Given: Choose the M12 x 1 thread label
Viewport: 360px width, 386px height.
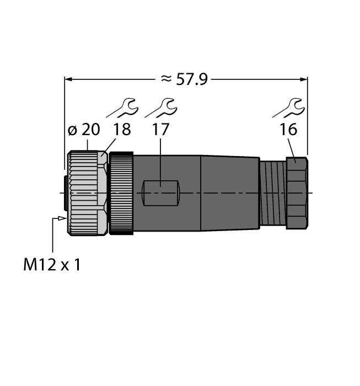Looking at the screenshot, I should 52,265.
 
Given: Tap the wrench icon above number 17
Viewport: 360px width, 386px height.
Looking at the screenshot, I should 160,108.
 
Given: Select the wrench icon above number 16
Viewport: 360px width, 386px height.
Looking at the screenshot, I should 288,108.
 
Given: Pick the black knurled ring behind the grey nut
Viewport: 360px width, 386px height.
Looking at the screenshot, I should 121,192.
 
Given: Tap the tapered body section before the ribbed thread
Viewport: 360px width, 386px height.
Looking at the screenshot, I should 229,192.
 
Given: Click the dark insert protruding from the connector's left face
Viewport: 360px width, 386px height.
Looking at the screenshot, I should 66,192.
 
